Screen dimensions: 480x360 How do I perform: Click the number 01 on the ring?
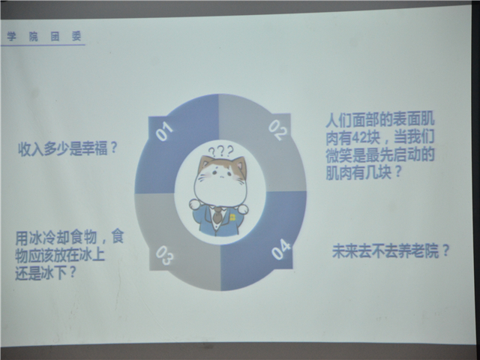(164, 131)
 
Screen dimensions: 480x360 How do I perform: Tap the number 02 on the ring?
(277, 130)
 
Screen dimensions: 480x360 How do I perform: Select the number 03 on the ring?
(164, 255)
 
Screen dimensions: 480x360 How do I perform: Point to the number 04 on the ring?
(280, 250)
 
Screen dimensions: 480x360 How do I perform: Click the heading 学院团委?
(44, 37)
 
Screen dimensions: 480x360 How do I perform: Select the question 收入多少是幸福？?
(67, 148)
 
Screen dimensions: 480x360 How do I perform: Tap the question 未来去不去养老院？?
(391, 250)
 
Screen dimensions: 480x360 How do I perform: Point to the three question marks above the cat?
(220, 151)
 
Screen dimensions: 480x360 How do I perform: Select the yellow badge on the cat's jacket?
(232, 217)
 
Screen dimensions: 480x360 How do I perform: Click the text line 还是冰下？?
(45, 273)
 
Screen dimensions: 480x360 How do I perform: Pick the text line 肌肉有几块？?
(364, 172)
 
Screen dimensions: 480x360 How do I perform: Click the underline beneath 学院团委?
(43, 45)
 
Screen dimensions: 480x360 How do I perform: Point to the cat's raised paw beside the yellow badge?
(243, 209)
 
